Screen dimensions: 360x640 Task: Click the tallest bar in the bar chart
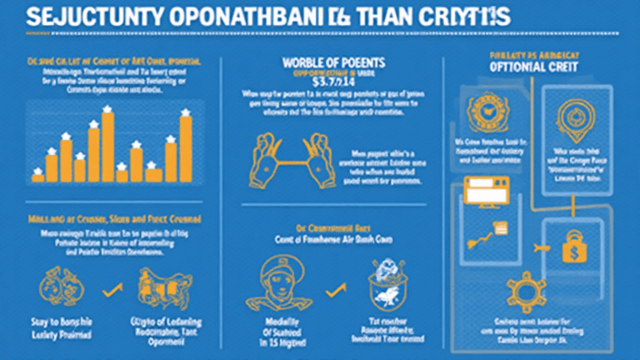[x=107, y=146]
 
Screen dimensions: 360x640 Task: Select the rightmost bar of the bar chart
[x=186, y=147]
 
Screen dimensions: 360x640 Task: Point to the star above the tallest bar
[x=107, y=108]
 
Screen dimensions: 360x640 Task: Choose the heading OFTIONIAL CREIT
[x=523, y=67]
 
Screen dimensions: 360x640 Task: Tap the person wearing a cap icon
[x=271, y=288]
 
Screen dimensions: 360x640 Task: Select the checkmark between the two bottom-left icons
[x=106, y=288]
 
